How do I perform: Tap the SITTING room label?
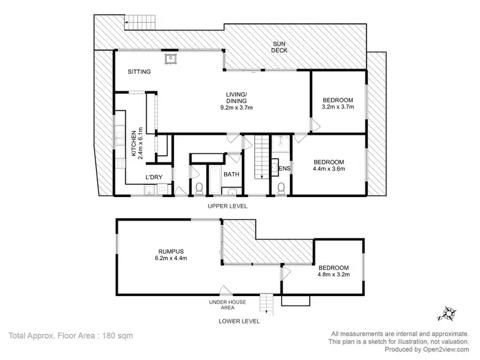(139, 72)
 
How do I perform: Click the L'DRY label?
(153, 176)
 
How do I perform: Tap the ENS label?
(285, 169)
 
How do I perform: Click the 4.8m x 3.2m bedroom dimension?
(334, 276)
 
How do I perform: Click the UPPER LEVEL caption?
(227, 206)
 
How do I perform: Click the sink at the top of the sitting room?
(171, 60)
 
